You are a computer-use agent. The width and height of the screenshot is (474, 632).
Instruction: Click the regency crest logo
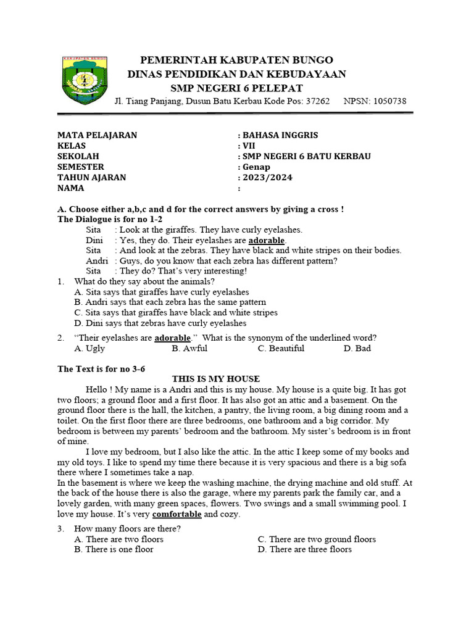click(85, 80)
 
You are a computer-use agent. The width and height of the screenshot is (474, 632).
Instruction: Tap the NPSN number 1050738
click(385, 101)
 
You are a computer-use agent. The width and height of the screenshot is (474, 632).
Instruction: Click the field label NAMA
click(70, 188)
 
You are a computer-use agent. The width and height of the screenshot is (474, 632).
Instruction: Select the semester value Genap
click(256, 167)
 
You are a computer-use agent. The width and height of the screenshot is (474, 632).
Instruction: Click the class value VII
click(248, 146)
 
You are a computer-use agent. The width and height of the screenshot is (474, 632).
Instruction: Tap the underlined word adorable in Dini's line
click(267, 240)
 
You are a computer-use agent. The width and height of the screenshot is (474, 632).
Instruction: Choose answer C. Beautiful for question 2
click(281, 349)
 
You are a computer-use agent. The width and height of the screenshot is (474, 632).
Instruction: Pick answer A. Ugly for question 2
click(89, 349)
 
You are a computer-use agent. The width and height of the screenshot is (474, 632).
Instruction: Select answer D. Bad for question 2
click(357, 349)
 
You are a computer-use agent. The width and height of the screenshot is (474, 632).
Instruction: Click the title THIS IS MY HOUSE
click(215, 379)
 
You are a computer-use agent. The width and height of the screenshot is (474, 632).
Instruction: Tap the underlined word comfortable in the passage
click(177, 514)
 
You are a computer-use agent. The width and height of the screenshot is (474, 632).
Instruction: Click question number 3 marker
click(60, 529)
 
